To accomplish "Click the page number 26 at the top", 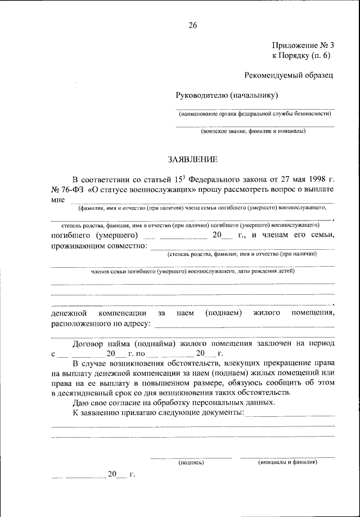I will click(193, 24).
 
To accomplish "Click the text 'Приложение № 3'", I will click(303, 45).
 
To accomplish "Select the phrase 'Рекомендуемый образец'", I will click(289, 75).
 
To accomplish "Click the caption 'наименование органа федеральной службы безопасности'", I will click(255, 114).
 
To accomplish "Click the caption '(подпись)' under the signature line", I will click(191, 462).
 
